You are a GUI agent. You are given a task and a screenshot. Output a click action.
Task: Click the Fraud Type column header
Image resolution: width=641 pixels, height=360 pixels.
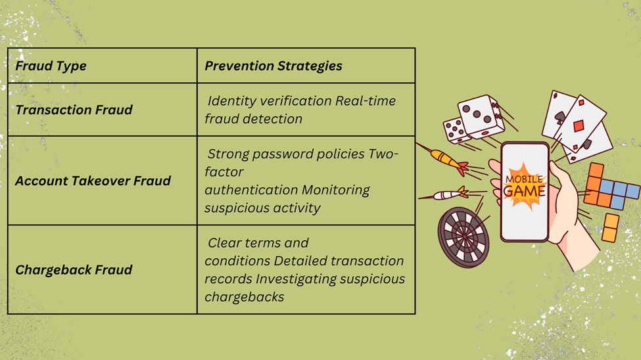51,66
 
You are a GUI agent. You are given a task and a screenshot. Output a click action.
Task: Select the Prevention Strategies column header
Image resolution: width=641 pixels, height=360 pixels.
273,66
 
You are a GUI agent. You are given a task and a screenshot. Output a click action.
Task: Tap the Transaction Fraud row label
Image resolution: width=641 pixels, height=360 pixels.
74,110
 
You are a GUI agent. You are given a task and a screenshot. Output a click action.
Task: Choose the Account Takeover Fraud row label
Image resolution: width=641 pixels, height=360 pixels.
93,181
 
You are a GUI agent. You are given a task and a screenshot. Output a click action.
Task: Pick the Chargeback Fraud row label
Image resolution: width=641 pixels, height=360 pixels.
74,270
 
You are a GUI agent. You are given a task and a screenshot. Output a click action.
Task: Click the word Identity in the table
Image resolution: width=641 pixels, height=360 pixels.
229,101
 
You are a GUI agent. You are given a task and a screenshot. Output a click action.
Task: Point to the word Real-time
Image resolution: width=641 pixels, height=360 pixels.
365,101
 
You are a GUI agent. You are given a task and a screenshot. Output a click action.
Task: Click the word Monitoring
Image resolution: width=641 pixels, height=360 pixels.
336,190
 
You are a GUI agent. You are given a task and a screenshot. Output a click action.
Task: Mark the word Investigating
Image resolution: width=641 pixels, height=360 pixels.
296,279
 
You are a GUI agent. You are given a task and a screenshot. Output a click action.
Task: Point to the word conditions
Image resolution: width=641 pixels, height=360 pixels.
237,261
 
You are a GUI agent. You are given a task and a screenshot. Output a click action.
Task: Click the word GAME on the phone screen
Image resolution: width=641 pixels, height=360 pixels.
524,191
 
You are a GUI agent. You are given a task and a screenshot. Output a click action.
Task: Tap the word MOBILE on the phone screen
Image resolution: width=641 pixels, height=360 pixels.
524,179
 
